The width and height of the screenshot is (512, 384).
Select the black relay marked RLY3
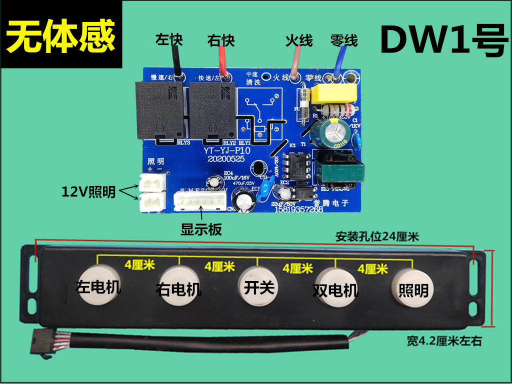[158, 110]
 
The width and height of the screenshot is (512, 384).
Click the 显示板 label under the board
[201, 229]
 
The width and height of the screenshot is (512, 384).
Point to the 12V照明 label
[88, 191]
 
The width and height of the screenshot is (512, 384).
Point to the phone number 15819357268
[299, 210]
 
